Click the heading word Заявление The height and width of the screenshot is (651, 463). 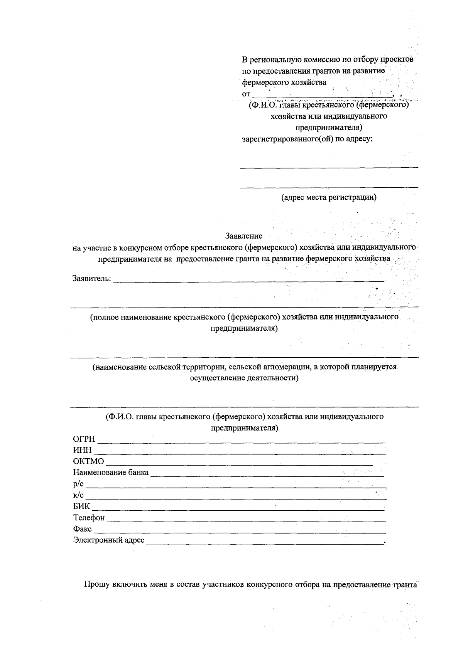(x=243, y=236)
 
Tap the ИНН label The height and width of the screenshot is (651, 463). (x=83, y=451)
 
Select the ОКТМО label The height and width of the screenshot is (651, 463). (x=88, y=461)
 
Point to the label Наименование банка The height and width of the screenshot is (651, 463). (x=111, y=473)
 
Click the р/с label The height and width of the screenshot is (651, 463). (x=78, y=484)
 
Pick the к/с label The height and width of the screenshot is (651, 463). (x=78, y=495)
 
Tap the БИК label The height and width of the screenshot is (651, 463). (x=81, y=506)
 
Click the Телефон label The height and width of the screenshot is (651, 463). (x=89, y=518)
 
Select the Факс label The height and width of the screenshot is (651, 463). (x=82, y=529)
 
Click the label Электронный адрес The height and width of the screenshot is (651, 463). (x=109, y=540)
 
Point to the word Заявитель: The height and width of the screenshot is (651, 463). (x=92, y=278)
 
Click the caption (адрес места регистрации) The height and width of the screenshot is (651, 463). (x=328, y=198)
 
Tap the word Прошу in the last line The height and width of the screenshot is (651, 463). (x=97, y=585)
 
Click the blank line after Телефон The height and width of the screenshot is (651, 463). (x=246, y=521)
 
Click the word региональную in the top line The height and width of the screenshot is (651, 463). (x=275, y=60)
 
